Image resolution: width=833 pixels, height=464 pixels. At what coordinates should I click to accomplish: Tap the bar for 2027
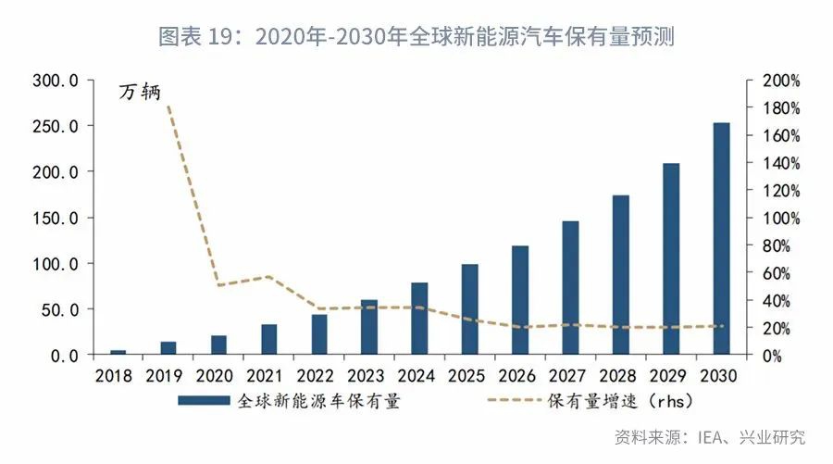(570, 288)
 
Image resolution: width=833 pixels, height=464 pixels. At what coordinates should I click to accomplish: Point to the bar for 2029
(671, 259)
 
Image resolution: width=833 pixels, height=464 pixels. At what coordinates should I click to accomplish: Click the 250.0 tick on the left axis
(56, 126)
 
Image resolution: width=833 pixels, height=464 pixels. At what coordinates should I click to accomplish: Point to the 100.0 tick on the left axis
(56, 264)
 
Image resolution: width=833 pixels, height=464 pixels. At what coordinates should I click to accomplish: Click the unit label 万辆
(140, 92)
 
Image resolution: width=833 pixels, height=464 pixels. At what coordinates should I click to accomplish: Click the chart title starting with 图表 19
(416, 37)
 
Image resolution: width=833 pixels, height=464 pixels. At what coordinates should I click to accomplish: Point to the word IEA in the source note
(708, 437)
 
